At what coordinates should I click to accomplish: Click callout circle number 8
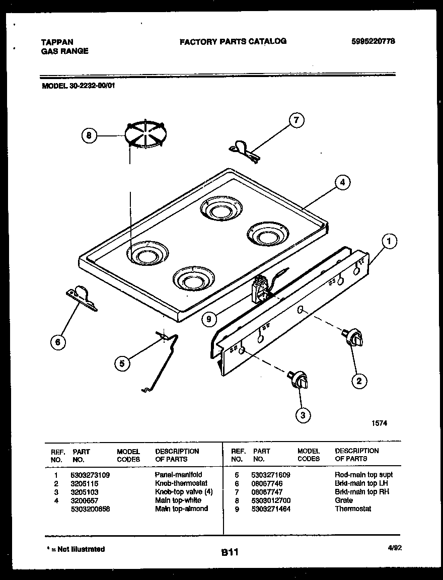click(89, 135)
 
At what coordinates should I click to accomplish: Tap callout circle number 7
click(297, 120)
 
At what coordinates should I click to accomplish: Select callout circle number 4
click(342, 183)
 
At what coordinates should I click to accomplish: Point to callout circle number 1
click(388, 241)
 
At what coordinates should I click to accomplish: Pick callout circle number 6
click(58, 342)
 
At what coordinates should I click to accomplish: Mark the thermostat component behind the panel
click(261, 289)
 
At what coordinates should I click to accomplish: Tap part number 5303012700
click(271, 500)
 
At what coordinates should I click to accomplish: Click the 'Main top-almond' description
click(181, 509)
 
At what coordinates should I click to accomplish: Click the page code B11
click(229, 552)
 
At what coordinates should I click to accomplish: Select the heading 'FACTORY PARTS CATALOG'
click(233, 41)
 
